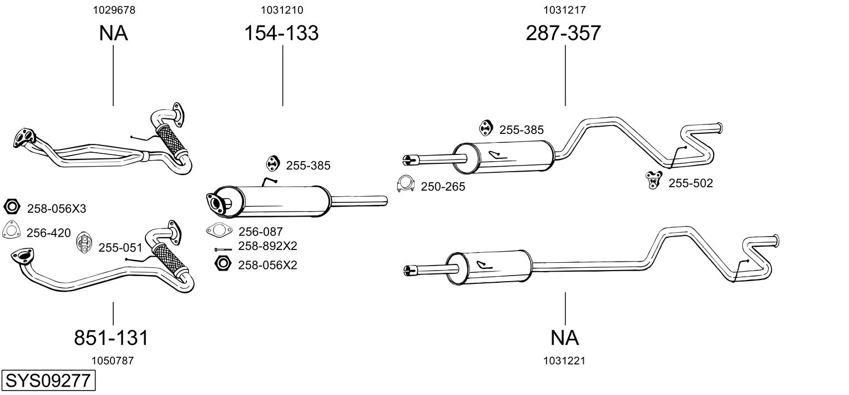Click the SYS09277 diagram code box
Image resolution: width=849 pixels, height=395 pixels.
pos(48,381)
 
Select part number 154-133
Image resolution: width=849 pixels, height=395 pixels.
pos(281,33)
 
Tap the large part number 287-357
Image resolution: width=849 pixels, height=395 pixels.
pos(563,33)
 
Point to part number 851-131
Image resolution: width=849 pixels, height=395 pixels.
pos(111,337)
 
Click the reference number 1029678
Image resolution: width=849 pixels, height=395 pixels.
pos(114,10)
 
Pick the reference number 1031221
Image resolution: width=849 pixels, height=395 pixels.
pos(564,361)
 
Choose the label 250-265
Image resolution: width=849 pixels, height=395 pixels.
pos(443,187)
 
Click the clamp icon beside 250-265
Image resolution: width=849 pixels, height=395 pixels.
pos(406,184)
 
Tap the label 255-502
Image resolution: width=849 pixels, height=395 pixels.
pos(690,183)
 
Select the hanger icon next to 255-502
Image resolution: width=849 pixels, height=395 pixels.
pos(654,180)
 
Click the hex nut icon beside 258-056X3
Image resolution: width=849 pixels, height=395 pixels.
pos(12,207)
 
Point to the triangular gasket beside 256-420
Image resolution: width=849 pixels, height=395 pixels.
pos(11,230)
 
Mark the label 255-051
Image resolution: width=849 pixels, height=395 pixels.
pos(120,248)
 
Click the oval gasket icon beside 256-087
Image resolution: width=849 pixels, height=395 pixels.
pos(219,230)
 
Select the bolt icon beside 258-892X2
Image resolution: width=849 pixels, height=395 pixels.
pos(223,249)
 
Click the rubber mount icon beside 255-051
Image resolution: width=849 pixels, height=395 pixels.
pos(84,242)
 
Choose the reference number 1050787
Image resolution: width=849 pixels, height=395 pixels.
pos(113,361)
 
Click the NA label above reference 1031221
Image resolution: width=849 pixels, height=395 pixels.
pos(564,337)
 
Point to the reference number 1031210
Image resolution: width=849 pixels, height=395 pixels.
pos(282,10)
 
